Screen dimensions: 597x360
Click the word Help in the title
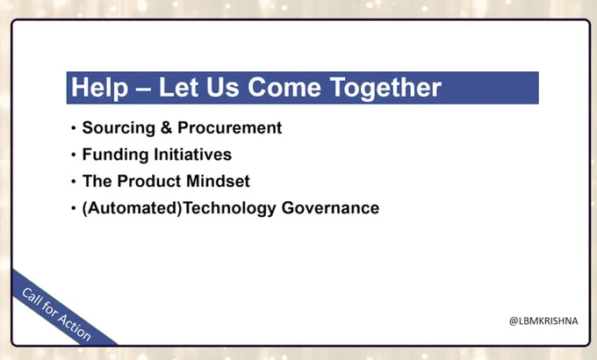pyautogui.click(x=100, y=88)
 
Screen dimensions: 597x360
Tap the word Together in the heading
pyautogui.click(x=385, y=89)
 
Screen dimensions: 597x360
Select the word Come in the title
pyautogui.click(x=284, y=87)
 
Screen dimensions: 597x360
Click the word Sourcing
pyautogui.click(x=119, y=128)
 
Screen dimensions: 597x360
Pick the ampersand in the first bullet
pyautogui.click(x=166, y=127)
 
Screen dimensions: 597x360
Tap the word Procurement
pyautogui.click(x=230, y=127)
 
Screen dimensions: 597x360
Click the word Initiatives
pyautogui.click(x=192, y=155)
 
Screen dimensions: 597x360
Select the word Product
pyautogui.click(x=149, y=181)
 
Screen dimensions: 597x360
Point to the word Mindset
pyautogui.click(x=218, y=181)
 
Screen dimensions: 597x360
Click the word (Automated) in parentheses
pyautogui.click(x=132, y=208)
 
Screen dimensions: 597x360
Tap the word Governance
pyautogui.click(x=330, y=208)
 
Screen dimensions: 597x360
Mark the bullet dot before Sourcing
pyautogui.click(x=74, y=128)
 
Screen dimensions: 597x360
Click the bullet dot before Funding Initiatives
pyautogui.click(x=74, y=155)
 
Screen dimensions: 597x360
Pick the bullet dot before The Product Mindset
pyautogui.click(x=74, y=182)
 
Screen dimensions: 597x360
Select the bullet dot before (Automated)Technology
pyautogui.click(x=74, y=208)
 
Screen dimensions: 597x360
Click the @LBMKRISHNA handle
pyautogui.click(x=543, y=321)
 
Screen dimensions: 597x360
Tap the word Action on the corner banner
pyautogui.click(x=75, y=327)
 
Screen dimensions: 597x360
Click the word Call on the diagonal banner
pyautogui.click(x=32, y=297)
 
